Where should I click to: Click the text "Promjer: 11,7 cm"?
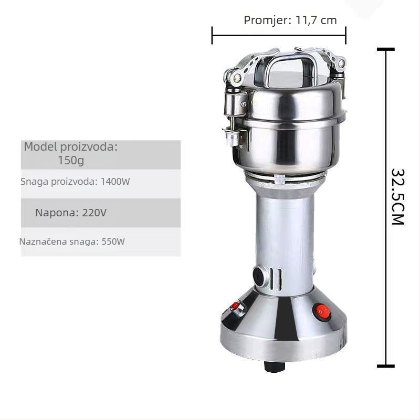point(290,20)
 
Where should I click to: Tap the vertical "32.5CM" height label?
point(397,196)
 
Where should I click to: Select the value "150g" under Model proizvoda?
point(71,160)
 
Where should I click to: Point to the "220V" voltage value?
point(94,213)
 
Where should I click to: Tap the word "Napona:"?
point(57,213)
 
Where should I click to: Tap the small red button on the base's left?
point(236,306)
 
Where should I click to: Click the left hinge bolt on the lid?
point(237,78)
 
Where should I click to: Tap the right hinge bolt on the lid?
point(341,64)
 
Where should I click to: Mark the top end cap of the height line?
point(386,49)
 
